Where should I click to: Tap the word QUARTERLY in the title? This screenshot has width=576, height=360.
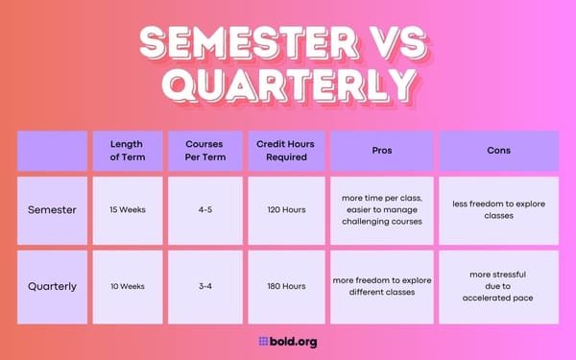(288, 85)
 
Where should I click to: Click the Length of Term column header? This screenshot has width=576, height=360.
(127, 151)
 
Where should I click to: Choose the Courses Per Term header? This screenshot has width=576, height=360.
(205, 151)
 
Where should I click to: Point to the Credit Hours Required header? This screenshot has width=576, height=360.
(286, 151)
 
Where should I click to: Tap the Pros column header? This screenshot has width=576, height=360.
(382, 151)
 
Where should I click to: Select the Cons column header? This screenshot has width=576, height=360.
(498, 151)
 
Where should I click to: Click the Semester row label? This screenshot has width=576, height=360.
(52, 209)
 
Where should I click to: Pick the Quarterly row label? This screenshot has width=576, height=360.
(52, 285)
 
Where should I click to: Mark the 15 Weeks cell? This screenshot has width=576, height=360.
(127, 209)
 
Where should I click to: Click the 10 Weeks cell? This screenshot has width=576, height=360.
(127, 285)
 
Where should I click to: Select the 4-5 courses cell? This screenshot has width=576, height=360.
(205, 209)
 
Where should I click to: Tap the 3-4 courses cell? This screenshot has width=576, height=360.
(205, 285)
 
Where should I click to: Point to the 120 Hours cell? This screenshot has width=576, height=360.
(286, 209)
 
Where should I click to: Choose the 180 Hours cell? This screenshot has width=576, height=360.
(286, 285)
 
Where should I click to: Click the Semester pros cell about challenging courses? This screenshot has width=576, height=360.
(382, 209)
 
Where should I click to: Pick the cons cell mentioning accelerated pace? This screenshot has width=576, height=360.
(498, 285)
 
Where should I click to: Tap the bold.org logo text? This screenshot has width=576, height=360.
(288, 341)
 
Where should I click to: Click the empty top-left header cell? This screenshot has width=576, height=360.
(52, 151)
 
